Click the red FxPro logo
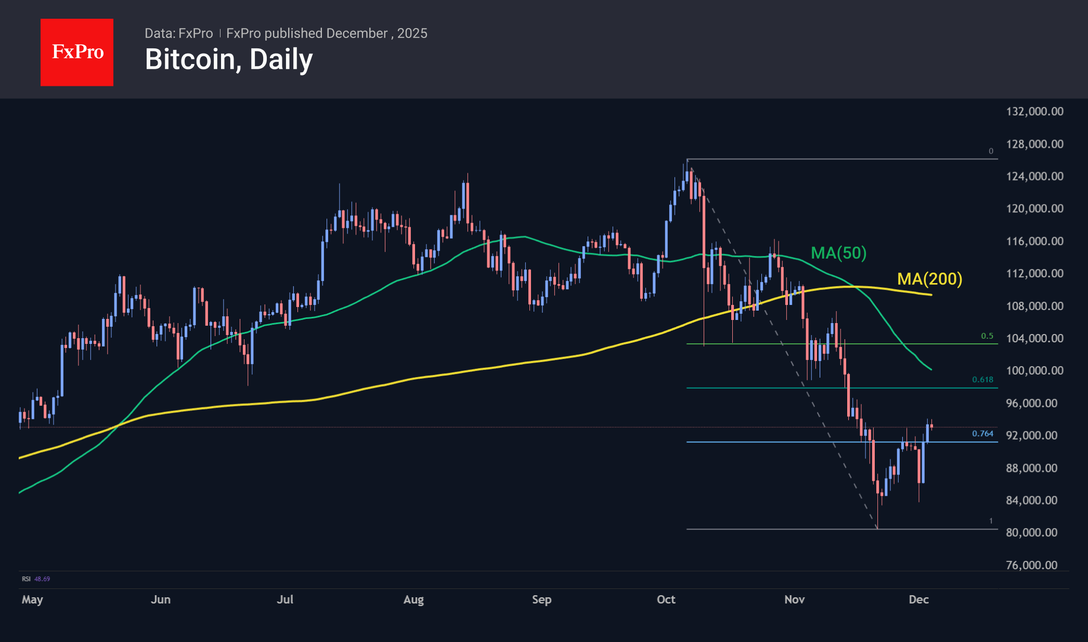click(77, 52)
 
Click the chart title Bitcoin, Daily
click(229, 59)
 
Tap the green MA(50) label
click(838, 253)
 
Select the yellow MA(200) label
click(929, 279)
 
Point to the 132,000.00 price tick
click(1034, 111)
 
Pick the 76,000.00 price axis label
click(1031, 565)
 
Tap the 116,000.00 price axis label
click(1034, 241)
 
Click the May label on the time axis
click(32, 599)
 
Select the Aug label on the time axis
click(413, 599)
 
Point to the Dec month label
click(918, 599)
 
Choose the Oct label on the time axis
click(666, 599)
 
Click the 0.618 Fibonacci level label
click(982, 380)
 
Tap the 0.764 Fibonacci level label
click(982, 433)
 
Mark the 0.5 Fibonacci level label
click(987, 336)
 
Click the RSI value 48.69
click(42, 579)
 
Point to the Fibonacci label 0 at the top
click(991, 151)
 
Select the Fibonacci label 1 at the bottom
click(991, 521)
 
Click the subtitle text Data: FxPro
click(178, 33)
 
